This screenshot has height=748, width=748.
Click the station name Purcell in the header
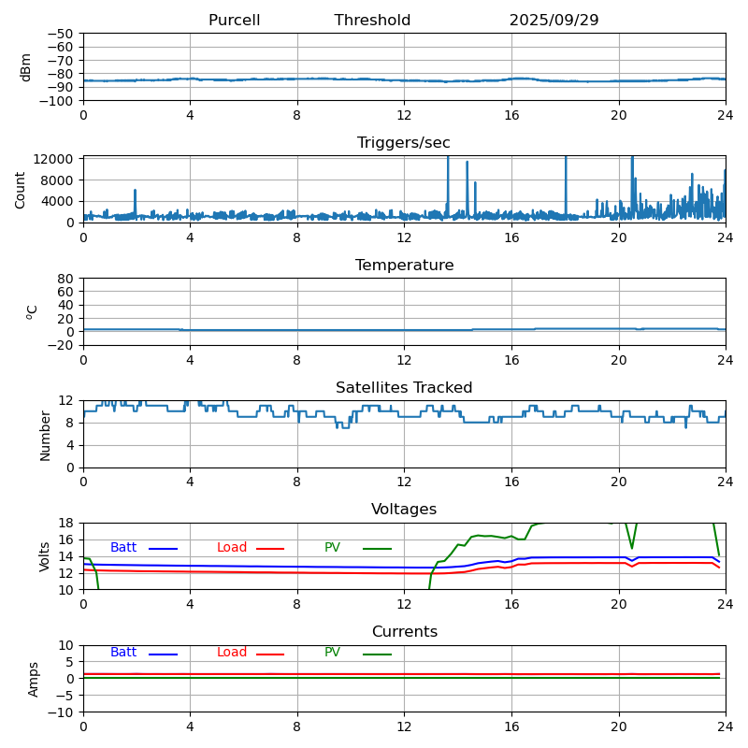[x=234, y=21]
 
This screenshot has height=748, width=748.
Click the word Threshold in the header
[x=372, y=21]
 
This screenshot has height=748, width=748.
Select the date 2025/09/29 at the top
[x=554, y=21]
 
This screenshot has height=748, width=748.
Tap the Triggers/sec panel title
[x=404, y=143]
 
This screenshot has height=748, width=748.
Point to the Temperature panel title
[x=404, y=266]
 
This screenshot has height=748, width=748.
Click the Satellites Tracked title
[x=404, y=388]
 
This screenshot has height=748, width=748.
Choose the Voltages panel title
[x=404, y=510]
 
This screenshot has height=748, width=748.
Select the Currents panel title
[x=404, y=632]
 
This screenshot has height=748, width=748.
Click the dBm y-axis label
[x=26, y=66]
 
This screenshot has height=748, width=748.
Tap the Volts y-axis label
[x=45, y=556]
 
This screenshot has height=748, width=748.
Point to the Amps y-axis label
[x=34, y=679]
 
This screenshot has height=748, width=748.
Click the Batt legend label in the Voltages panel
[x=123, y=548]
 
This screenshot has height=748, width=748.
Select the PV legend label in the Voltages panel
[x=333, y=548]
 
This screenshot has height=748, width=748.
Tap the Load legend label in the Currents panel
[x=232, y=653]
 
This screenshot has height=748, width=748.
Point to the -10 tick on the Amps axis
[x=64, y=712]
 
